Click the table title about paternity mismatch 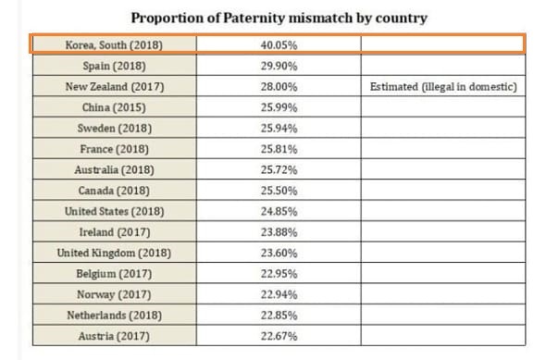(x=279, y=18)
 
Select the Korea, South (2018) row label (x=114, y=45)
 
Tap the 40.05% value (x=279, y=45)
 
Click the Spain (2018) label (x=114, y=66)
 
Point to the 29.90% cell (x=279, y=66)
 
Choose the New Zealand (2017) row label (x=115, y=87)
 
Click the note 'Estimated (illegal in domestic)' (x=443, y=87)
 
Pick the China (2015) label (x=114, y=107)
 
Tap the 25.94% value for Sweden (x=279, y=129)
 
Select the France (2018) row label (x=114, y=149)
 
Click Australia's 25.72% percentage (x=279, y=170)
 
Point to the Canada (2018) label (x=114, y=191)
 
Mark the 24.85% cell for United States (x=279, y=211)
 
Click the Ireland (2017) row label (x=115, y=232)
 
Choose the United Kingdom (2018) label (x=114, y=254)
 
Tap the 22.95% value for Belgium (x=279, y=274)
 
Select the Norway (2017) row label (x=114, y=294)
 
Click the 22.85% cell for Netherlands (x=279, y=316)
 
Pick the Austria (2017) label (x=114, y=336)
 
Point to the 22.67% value (x=279, y=336)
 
